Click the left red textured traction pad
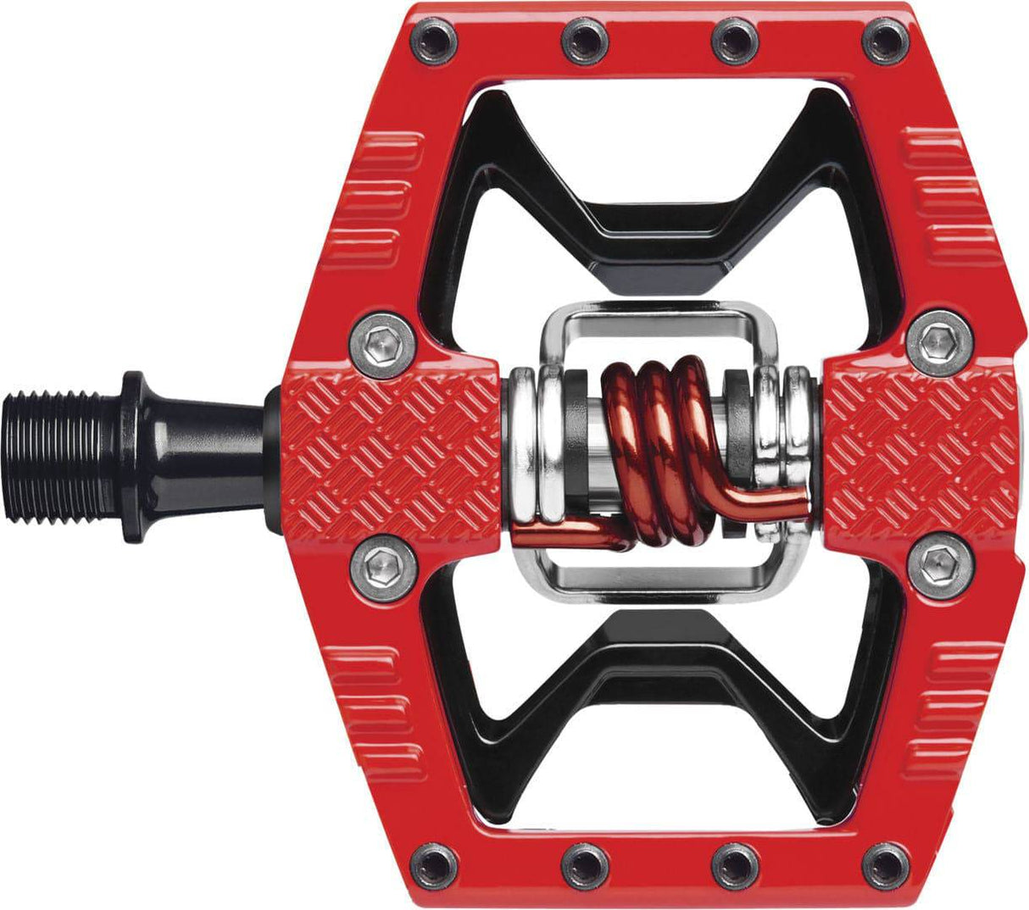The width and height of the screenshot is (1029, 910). click(x=394, y=449)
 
